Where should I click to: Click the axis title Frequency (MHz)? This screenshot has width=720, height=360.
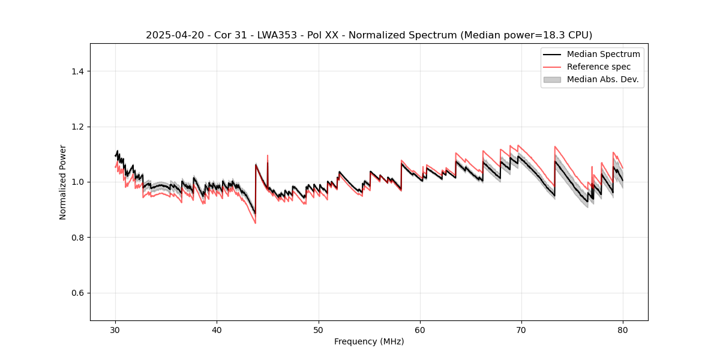[x=369, y=341]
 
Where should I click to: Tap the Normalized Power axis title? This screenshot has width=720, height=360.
[x=63, y=182]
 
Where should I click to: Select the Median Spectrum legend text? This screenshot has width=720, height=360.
[x=603, y=54]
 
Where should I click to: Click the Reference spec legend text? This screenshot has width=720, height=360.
[x=599, y=67]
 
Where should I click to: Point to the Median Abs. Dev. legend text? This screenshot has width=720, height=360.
[x=602, y=79]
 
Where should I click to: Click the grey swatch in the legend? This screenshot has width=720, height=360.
[x=552, y=79]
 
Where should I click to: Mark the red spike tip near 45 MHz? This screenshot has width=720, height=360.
[x=267, y=155]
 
